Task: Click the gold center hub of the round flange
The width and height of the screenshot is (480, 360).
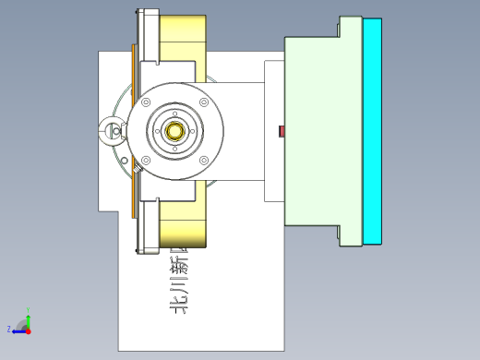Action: pos(175,130)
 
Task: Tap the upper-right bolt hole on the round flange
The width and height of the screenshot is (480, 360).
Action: pos(204,101)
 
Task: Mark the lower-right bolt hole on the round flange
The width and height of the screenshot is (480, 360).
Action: pos(204,161)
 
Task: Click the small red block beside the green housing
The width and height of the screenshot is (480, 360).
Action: pos(282,131)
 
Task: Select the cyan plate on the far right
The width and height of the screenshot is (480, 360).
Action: pos(372,131)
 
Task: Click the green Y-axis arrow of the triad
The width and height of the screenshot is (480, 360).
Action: pos(29,320)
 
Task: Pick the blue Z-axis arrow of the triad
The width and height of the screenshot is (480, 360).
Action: pos(18,330)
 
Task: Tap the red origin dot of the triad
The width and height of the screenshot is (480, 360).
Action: pos(29,330)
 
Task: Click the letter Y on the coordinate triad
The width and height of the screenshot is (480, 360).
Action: pos(29,312)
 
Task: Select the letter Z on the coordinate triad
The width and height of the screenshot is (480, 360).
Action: pos(9,329)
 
